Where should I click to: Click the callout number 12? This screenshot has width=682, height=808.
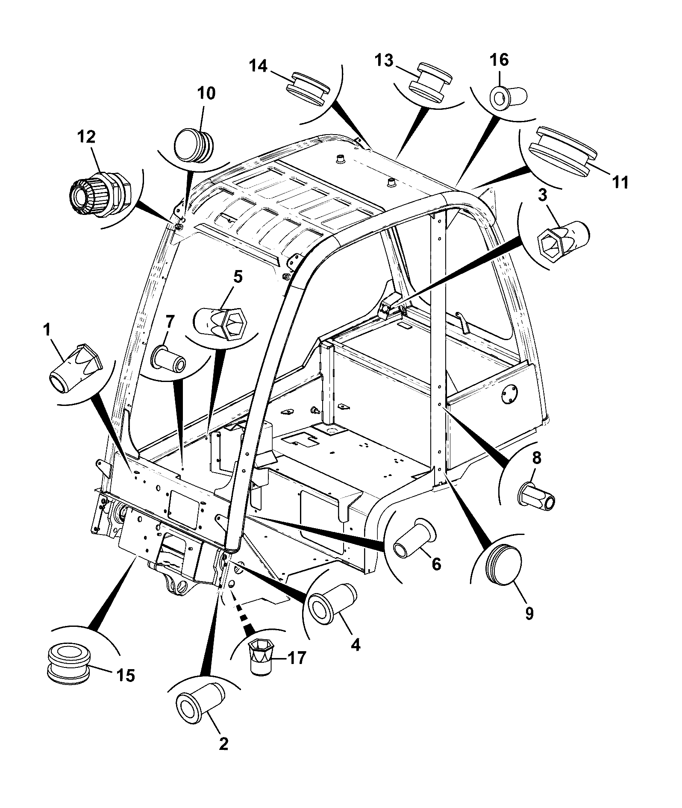pyautogui.click(x=87, y=138)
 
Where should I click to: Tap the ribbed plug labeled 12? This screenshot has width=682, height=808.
pyautogui.click(x=101, y=195)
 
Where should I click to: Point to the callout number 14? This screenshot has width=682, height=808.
pyautogui.click(x=259, y=66)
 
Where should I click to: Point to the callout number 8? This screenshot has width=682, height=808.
pyautogui.click(x=536, y=458)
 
